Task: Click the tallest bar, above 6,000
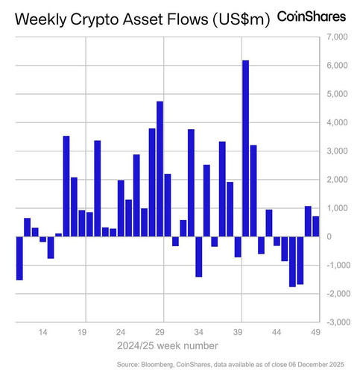[x=245, y=148]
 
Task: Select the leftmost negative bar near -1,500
[x=19, y=258]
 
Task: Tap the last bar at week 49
[x=316, y=226]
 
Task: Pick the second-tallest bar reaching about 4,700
[x=160, y=169]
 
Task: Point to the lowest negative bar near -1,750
[x=292, y=262]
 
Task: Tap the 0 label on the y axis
[x=329, y=236]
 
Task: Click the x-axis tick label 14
[x=42, y=332]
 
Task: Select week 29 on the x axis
[x=160, y=332]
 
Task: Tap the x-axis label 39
[x=238, y=332]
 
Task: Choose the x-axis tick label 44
[x=277, y=332]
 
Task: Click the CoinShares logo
[x=312, y=16]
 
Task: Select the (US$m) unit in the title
[x=241, y=19]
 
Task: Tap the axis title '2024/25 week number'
[x=168, y=345]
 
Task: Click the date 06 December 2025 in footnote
[x=316, y=365]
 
